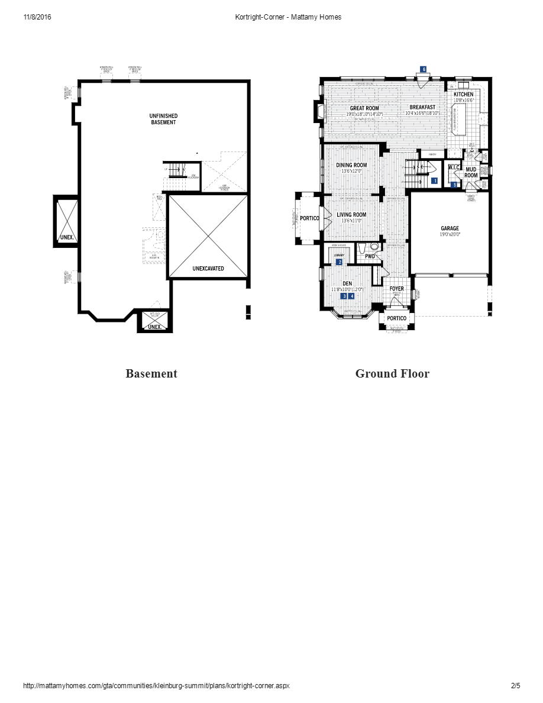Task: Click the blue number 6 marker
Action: [424, 69]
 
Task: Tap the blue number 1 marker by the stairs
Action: [434, 181]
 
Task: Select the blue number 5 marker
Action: [454, 185]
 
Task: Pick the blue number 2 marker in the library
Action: [340, 262]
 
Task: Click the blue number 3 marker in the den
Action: [344, 296]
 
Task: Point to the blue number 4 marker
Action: [351, 296]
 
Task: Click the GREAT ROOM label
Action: [364, 108]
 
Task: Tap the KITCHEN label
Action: [463, 95]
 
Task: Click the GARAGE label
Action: [450, 228]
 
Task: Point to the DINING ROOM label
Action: [351, 165]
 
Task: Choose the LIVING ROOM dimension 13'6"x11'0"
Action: [351, 221]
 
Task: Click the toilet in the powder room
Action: [373, 247]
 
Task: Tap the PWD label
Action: [370, 257]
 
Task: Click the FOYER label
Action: [397, 289]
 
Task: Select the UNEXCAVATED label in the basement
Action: [208, 268]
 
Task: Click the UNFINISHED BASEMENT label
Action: [163, 119]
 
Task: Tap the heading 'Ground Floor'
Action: [392, 373]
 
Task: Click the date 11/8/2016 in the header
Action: [37, 17]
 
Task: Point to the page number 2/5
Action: [515, 686]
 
